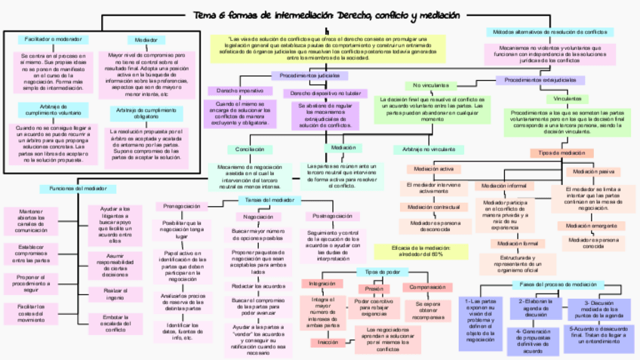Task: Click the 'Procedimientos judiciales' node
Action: pos(309,76)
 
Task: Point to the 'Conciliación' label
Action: pos(250,149)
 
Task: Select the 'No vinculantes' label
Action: pos(430,85)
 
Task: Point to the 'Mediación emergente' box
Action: pos(591,226)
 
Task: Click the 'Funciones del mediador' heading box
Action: pos(73,188)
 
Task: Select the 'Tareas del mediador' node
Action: pos(269,200)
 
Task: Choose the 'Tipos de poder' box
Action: pos(382,271)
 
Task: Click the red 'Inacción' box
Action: pos(328,342)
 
